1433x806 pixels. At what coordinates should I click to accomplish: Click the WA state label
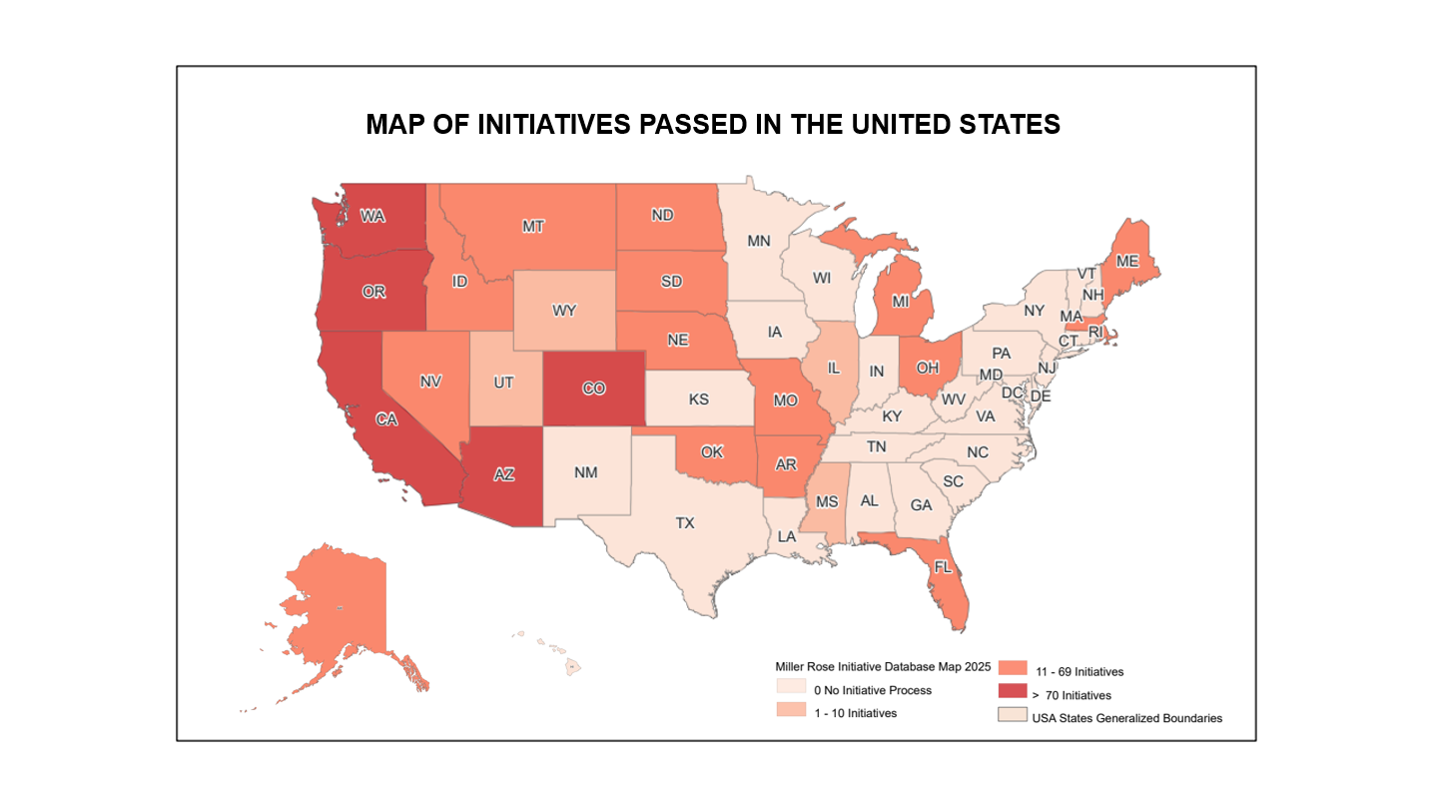tap(372, 216)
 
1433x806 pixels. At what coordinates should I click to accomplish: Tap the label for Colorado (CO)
tap(593, 389)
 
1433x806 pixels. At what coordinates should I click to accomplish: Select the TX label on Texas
tap(684, 522)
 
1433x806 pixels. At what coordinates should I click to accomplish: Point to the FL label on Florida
tap(943, 567)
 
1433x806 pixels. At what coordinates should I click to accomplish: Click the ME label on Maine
tap(1127, 261)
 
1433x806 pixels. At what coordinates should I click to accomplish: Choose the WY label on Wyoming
tap(564, 310)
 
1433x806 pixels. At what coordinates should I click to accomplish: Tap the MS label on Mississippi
tap(828, 499)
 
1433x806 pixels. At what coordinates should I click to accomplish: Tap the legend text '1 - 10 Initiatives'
tap(855, 713)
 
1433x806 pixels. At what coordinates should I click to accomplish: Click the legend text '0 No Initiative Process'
tap(872, 690)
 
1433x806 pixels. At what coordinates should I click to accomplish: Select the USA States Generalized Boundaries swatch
tap(1012, 716)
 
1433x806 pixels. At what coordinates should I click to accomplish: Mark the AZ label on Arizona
tap(504, 475)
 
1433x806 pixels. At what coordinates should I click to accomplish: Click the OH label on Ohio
tap(928, 367)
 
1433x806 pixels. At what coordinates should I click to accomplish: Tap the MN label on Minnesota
tap(759, 241)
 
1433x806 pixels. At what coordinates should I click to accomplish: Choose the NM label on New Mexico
tap(586, 472)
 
